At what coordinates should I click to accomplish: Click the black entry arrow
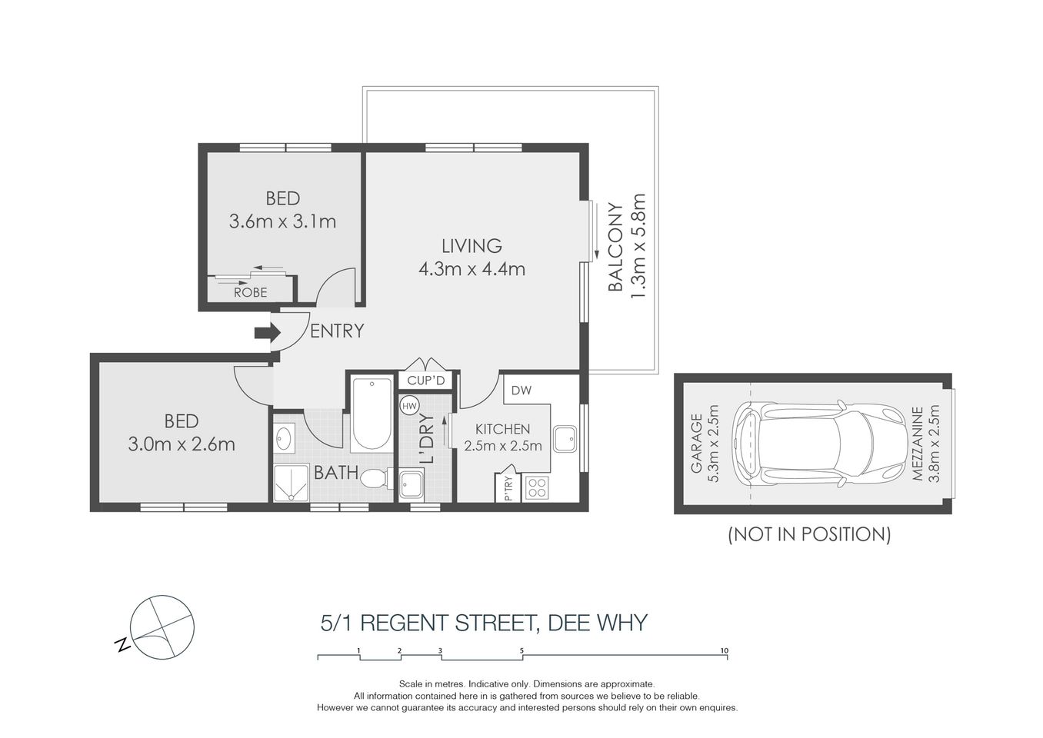coord(266,332)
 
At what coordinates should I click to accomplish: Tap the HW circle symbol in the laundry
coord(409,406)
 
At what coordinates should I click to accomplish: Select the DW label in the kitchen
coord(521,391)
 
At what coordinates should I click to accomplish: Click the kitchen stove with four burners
coord(536,487)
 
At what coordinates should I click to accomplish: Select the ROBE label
coord(250,292)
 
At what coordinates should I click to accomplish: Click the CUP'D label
coord(426,381)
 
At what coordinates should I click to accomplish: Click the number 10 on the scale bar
coord(724,650)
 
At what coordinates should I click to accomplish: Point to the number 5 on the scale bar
coord(521,650)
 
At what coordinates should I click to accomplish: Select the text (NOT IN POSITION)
coord(809,534)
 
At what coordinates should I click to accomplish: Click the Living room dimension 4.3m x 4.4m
coord(472,269)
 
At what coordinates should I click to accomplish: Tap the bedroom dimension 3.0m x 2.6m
coord(182,444)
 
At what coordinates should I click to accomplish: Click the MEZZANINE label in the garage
coord(918,444)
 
